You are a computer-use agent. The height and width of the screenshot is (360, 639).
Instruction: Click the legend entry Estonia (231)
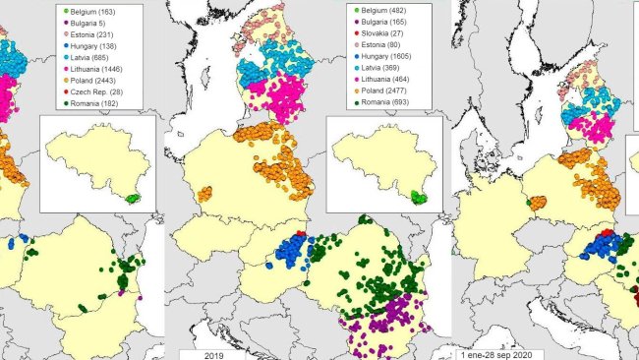92,35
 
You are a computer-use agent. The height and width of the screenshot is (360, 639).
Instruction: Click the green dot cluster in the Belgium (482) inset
419,198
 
